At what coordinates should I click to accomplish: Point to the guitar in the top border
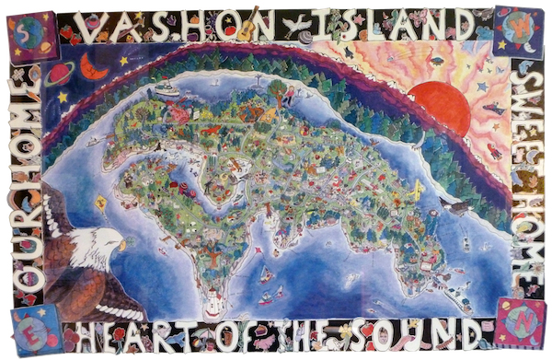click(x=247, y=28)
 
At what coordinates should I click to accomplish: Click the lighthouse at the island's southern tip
click(x=214, y=301)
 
